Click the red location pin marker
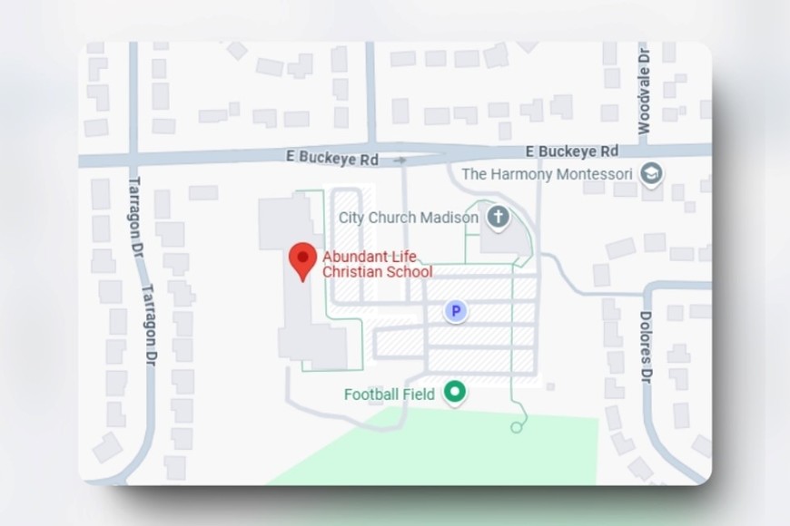pos(302,260)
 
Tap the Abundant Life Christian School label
pos(377,264)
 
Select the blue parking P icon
pos(456,312)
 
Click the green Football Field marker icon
pos(455,393)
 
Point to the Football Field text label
pos(390,394)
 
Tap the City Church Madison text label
pos(408,218)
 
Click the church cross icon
pos(497,217)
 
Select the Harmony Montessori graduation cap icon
pos(651,172)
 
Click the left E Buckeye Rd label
pos(331,159)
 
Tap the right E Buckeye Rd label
pos(572,151)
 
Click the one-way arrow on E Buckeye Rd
pos(400,161)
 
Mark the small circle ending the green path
pos(518,426)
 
